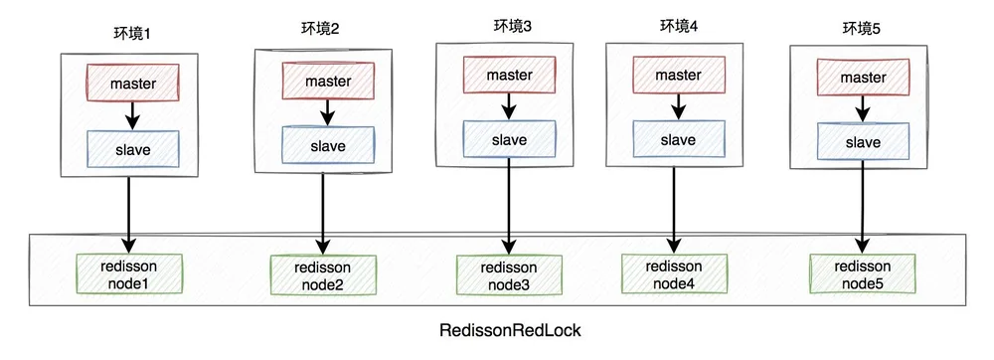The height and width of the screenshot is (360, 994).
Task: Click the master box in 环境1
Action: click(132, 83)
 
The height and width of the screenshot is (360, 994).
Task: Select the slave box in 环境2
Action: click(328, 146)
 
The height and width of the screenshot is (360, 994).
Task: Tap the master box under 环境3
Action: click(510, 75)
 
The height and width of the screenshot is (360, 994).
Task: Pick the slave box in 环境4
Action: click(678, 140)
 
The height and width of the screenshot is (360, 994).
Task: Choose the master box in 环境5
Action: click(863, 78)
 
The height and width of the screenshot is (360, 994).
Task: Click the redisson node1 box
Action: click(128, 273)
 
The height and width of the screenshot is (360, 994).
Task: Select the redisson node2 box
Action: click(323, 275)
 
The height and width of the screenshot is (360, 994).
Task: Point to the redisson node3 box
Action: click(510, 275)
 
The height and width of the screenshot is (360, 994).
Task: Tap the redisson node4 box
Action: click(674, 273)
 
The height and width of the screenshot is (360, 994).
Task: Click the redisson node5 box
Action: click(863, 273)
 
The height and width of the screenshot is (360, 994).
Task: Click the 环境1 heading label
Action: click(129, 33)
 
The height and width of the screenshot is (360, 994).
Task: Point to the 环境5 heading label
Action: click(860, 28)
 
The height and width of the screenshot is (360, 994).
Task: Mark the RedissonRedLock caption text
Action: click(510, 330)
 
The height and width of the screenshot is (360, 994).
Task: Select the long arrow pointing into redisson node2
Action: click(323, 214)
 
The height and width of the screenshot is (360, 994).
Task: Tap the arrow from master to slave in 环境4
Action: click(678, 106)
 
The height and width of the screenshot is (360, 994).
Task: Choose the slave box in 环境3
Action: click(510, 139)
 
